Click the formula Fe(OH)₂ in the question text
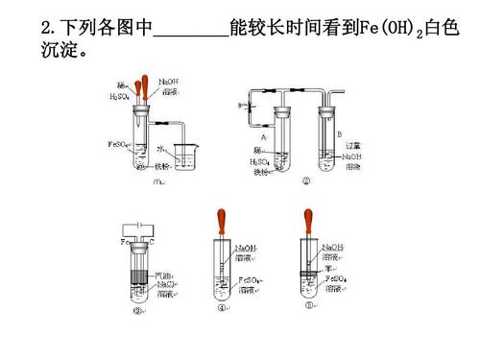[390, 26]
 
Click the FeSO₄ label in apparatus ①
[118, 144]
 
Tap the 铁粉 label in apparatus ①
[176, 165]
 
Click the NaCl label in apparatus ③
[165, 284]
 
